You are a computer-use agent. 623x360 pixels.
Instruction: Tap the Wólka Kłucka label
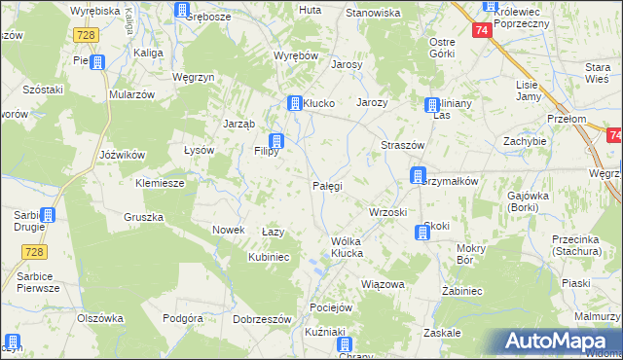click(x=333, y=247)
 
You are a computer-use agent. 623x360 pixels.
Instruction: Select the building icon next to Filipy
click(x=277, y=142)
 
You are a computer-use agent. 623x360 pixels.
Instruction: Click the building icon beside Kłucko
click(x=294, y=103)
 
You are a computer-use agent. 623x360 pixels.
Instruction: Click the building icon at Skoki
click(x=421, y=233)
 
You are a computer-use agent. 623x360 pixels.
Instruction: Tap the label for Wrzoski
click(x=387, y=211)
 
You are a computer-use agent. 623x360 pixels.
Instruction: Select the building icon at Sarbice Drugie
click(x=48, y=216)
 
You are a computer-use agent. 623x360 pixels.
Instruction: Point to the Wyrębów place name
click(x=297, y=55)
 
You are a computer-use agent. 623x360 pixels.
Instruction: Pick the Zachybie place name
click(x=524, y=141)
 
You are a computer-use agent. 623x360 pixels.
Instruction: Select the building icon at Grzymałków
click(x=418, y=177)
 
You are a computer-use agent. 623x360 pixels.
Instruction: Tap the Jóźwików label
click(x=123, y=155)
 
